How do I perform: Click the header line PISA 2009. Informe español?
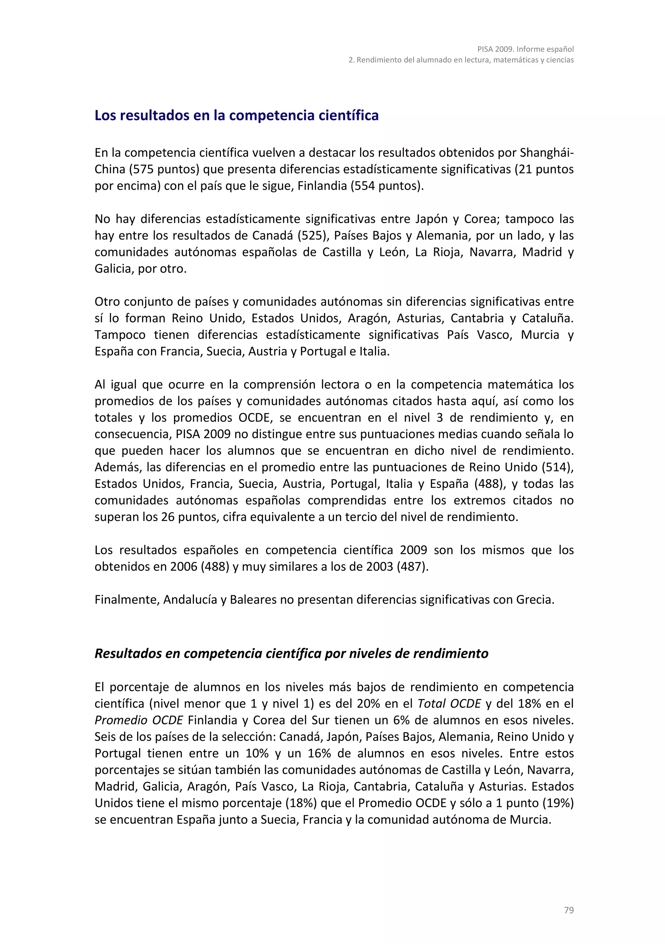[x=525, y=49]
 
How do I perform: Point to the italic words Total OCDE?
[x=449, y=704]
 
